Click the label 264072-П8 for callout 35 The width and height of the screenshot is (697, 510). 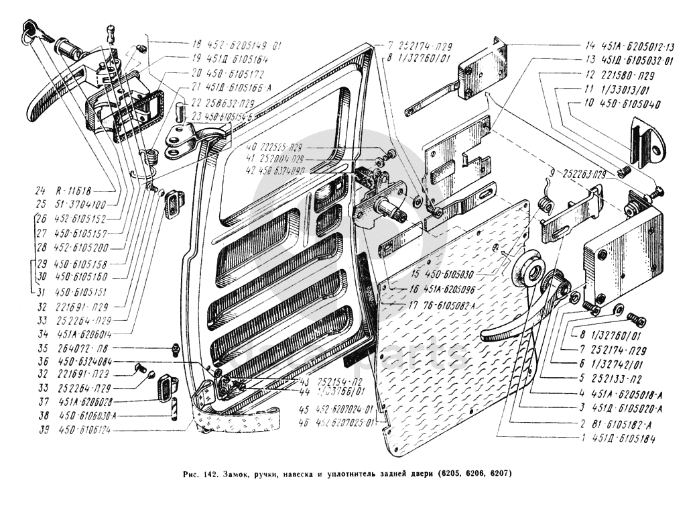click(91, 348)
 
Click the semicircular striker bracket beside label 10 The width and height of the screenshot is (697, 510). click(647, 144)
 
